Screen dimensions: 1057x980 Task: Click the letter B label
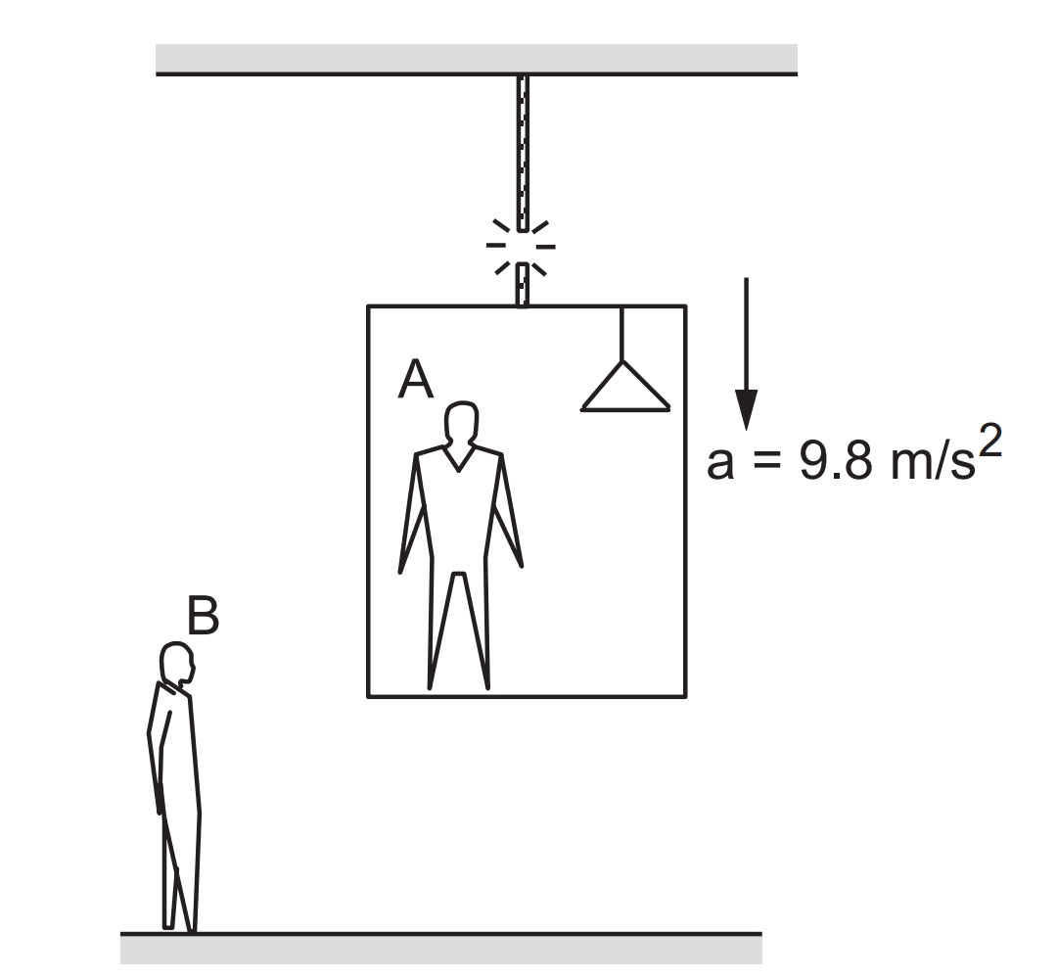pos(203,615)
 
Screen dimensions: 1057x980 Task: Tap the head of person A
pos(461,423)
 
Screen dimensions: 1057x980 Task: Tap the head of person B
pos(176,663)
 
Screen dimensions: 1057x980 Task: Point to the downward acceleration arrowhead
pos(746,408)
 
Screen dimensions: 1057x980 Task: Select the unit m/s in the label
pos(933,461)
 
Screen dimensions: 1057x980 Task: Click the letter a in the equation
pos(720,464)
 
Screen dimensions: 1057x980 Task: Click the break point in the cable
pos(522,247)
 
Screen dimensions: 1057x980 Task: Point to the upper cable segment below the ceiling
pos(522,153)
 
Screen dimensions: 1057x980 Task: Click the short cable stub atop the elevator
pos(523,285)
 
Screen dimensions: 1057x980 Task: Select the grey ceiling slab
pos(477,60)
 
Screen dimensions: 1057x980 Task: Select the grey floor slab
pos(440,948)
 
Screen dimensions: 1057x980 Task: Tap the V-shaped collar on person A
pos(458,457)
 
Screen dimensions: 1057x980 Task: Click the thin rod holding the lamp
pos(622,334)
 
